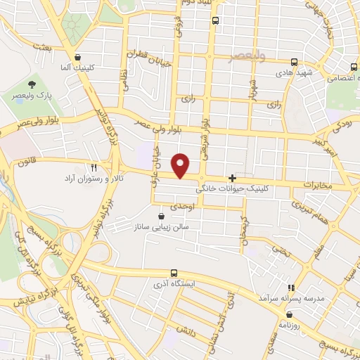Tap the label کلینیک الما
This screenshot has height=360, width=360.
tap(77, 69)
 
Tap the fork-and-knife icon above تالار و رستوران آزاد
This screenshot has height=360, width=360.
tap(94, 167)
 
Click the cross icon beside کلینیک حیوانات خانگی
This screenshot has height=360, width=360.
tap(233, 179)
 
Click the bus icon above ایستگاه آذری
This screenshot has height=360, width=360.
tap(174, 273)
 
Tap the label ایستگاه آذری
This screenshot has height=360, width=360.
tap(174, 285)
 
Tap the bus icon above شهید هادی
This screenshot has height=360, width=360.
tap(292, 60)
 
